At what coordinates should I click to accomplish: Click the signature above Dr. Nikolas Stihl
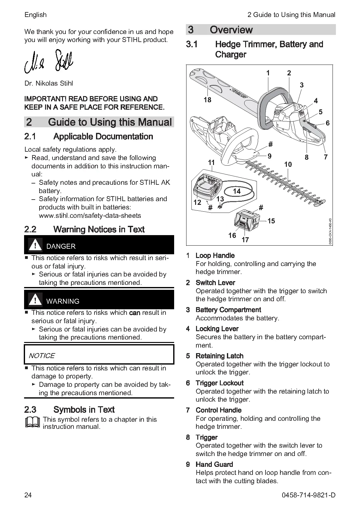pos(48,61)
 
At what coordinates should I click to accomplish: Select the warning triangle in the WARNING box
pos(35,300)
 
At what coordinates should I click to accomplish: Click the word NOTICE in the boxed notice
pos(42,356)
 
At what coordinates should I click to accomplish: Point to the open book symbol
pos(32,422)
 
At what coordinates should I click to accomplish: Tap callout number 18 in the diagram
pos(207,100)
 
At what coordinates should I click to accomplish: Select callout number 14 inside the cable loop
pos(237,191)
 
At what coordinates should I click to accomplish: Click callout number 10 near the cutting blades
pos(288,164)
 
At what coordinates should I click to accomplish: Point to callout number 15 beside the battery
pos(271,221)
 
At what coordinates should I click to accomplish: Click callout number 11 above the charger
pos(211,163)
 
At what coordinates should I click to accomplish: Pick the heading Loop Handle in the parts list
pos(215,255)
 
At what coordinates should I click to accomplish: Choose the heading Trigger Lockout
pos(220,383)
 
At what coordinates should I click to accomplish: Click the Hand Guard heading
pos(214,464)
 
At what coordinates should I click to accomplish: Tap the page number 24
pos(28,495)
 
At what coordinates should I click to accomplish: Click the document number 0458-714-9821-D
pos(308,495)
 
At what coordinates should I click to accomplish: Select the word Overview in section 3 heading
pos(231,30)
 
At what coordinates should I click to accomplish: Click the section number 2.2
pos(30,229)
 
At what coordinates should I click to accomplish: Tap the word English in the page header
pos(36,15)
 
